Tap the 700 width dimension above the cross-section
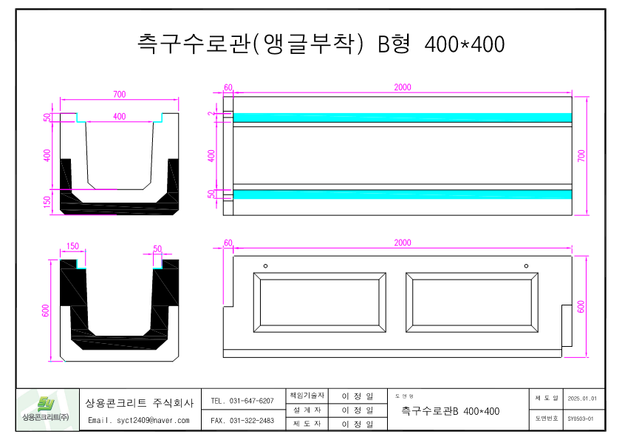(119, 94)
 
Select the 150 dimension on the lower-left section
(72, 246)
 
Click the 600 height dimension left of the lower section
(47, 311)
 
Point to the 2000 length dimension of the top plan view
(403, 87)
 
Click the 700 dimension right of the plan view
(581, 155)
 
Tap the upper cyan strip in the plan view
(403, 118)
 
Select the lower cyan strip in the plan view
(403, 194)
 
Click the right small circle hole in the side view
(526, 265)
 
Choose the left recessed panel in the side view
(319, 302)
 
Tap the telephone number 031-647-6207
(242, 401)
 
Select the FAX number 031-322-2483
(242, 420)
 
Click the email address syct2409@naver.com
(139, 420)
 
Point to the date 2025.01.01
(581, 399)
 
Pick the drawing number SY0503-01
(581, 419)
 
